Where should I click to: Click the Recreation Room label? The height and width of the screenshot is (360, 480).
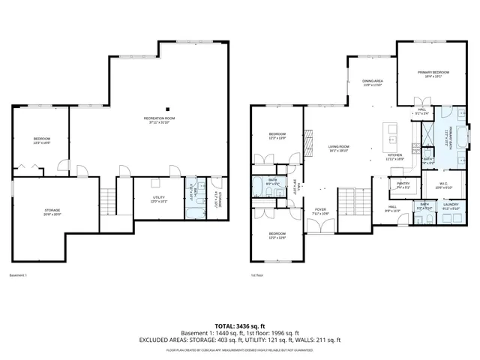[x=160, y=121]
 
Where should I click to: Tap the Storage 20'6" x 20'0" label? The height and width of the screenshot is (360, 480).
[x=52, y=212]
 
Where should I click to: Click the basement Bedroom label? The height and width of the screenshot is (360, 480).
[x=41, y=140]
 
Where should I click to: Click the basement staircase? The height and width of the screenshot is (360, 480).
[x=109, y=202]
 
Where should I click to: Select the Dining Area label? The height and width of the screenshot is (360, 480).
[x=373, y=82]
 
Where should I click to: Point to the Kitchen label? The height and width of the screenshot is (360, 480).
[x=394, y=157]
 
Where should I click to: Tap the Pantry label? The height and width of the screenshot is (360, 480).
[x=403, y=185]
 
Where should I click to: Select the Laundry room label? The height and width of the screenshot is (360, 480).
[x=450, y=205]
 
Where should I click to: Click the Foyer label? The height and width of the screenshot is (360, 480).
[x=320, y=211]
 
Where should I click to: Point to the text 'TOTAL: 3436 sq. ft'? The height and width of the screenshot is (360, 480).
[x=240, y=326]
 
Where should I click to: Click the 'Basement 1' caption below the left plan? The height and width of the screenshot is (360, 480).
[x=18, y=275]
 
